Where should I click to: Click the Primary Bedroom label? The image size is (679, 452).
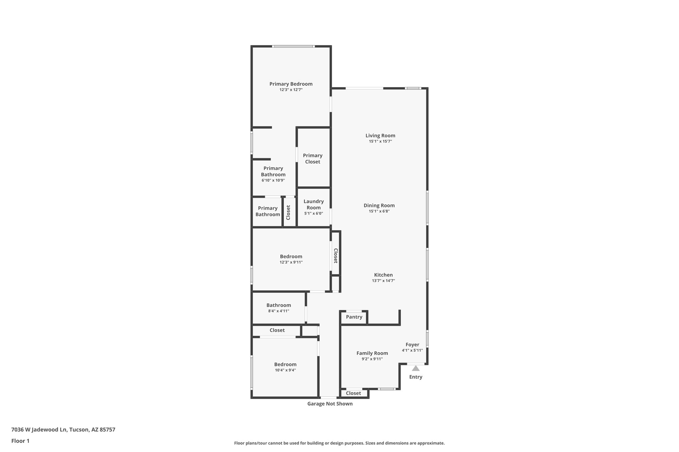point(291,84)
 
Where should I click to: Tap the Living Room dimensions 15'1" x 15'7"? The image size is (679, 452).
point(380,141)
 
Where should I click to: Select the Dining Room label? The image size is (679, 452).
point(379,205)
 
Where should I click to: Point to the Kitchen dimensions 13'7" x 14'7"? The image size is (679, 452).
point(383,281)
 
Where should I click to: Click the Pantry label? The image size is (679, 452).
point(354,317)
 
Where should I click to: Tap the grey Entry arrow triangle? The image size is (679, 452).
point(415,368)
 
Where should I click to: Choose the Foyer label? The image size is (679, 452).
point(412,344)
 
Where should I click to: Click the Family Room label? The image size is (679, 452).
point(372,353)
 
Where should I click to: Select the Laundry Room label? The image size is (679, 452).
point(313,204)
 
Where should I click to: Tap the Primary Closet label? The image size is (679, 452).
point(312,158)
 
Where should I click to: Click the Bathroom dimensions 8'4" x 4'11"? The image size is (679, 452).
point(278,311)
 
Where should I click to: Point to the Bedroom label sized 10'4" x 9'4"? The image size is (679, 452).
point(285,364)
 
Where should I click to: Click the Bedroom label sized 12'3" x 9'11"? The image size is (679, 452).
point(291,256)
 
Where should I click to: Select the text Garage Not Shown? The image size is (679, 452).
point(330,404)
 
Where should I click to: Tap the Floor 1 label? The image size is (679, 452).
point(20,441)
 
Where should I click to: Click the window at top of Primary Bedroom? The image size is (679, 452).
point(293,46)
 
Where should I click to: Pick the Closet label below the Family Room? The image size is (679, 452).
point(353,393)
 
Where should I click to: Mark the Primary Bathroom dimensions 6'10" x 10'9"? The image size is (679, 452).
point(273,180)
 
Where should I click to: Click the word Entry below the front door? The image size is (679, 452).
point(415,377)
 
